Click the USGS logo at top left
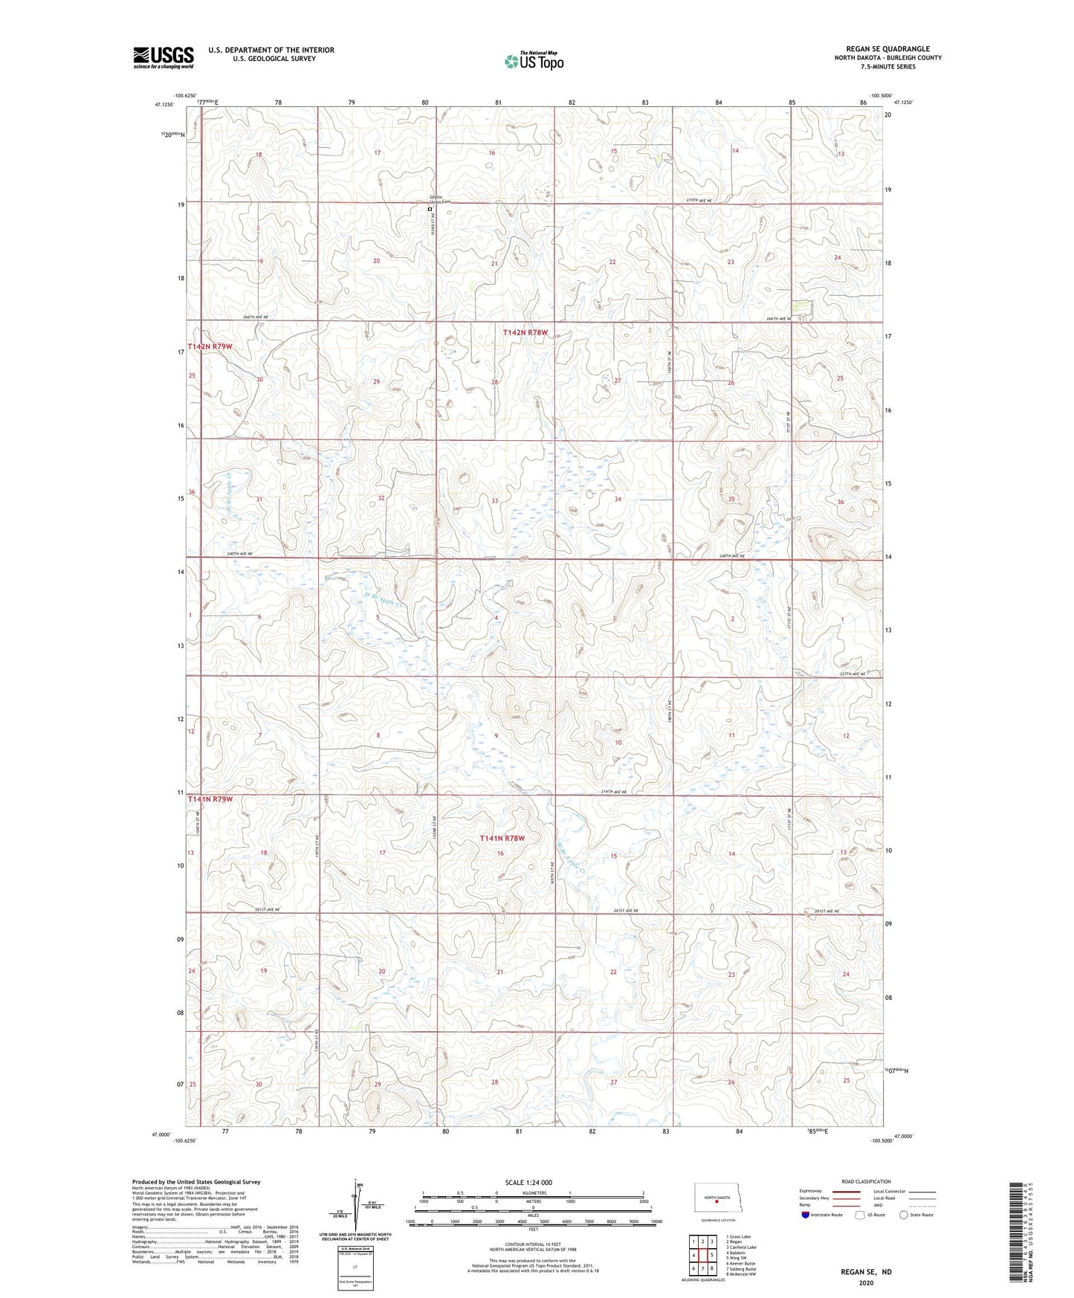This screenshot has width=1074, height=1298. click(163, 57)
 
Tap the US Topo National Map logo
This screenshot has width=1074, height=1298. click(533, 61)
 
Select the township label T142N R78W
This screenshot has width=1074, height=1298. click(525, 333)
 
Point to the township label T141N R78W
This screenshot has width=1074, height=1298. click(502, 838)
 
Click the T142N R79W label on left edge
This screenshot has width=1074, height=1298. click(210, 347)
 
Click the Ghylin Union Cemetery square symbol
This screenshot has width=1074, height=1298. click(430, 210)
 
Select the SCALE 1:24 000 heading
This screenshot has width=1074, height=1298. click(528, 1183)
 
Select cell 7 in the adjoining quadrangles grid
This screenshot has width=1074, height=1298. click(702, 1268)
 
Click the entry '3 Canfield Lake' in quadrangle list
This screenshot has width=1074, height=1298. click(741, 1247)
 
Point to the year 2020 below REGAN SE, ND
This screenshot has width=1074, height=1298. click(866, 1283)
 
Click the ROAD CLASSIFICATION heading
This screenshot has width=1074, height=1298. click(867, 1181)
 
